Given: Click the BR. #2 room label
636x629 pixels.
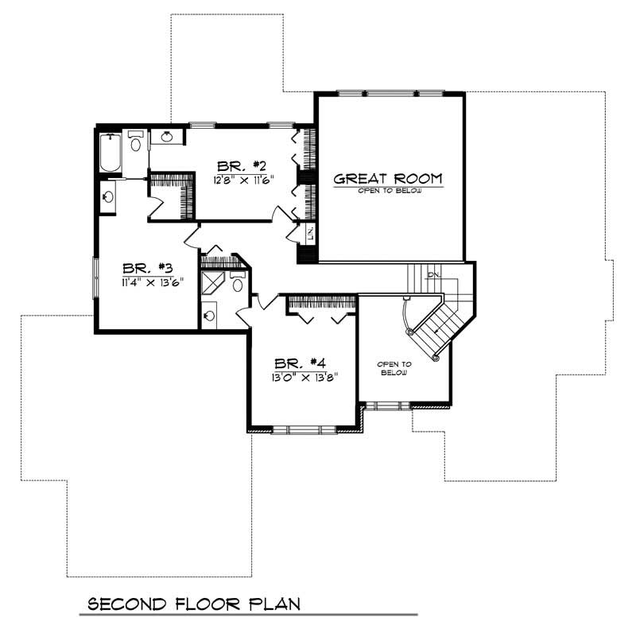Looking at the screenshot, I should (241, 165).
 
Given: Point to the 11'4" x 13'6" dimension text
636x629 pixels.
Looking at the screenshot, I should (147, 282).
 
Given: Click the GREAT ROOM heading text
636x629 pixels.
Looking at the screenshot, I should (387, 178).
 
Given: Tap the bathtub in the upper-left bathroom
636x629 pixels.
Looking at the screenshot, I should (110, 153).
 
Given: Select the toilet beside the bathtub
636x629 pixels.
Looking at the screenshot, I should (135, 142).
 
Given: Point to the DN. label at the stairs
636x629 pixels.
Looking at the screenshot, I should (433, 275).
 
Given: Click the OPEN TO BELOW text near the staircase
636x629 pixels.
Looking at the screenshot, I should (394, 367).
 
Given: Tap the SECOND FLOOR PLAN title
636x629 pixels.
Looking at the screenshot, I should (194, 604).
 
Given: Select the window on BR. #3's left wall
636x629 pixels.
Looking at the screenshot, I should (95, 278).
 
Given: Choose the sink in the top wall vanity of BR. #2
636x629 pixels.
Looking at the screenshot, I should (168, 138).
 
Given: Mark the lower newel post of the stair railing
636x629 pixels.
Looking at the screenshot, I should (436, 359).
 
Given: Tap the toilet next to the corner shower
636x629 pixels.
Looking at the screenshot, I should (237, 283).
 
